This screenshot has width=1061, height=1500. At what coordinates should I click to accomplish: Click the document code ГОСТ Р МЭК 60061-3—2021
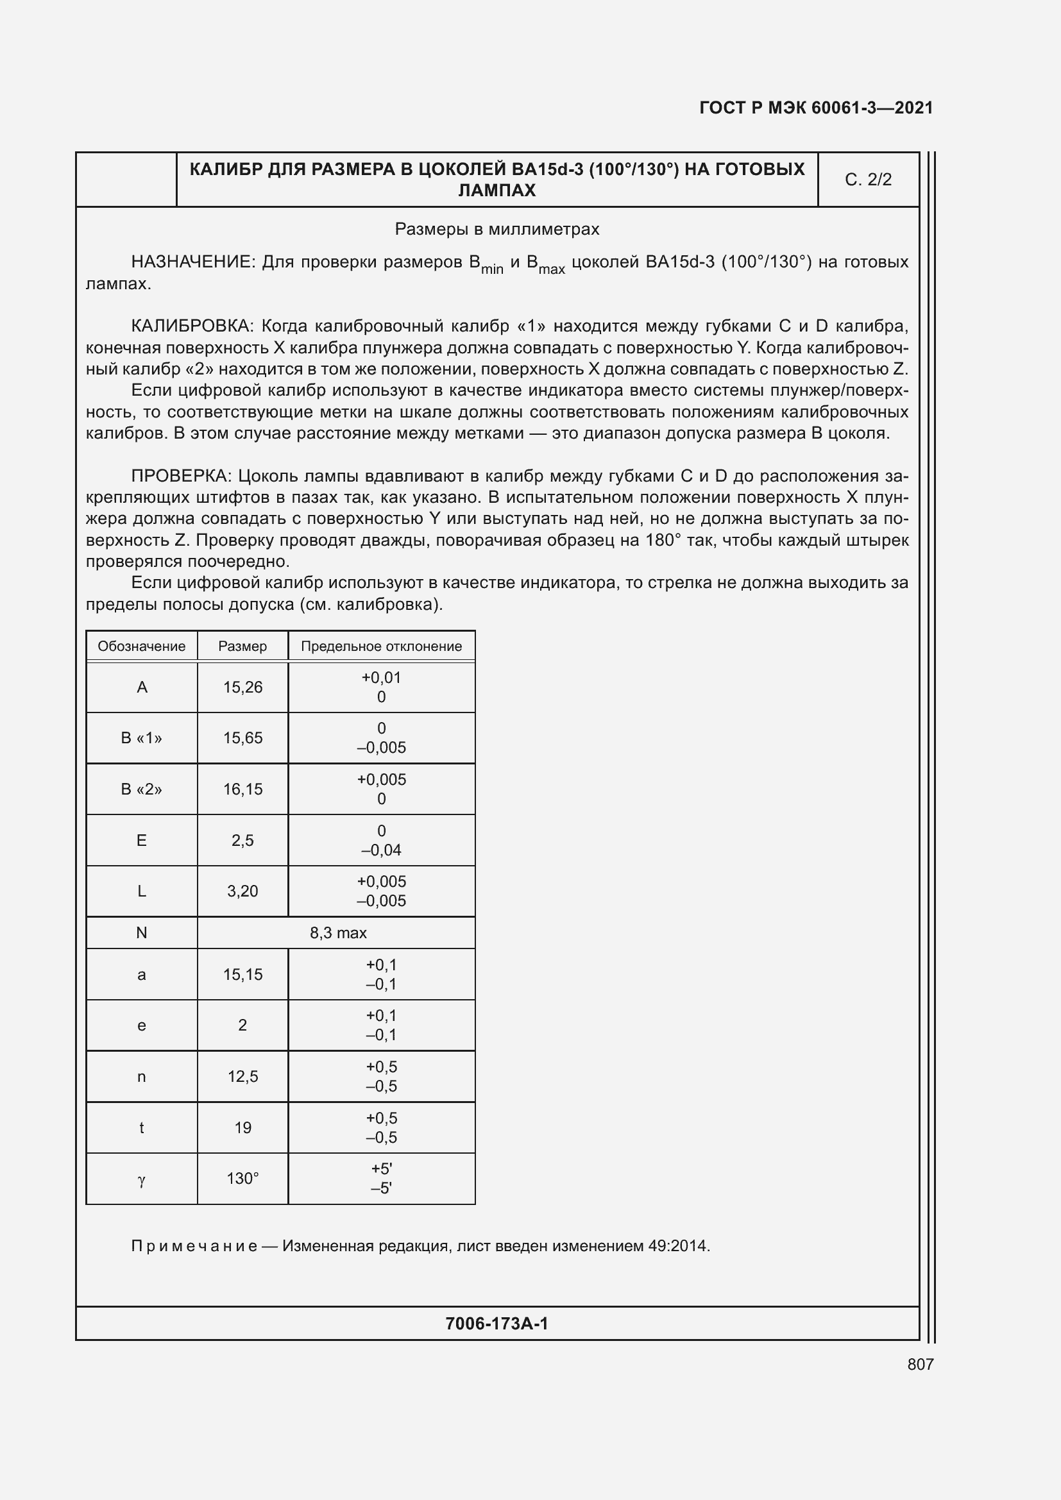tap(816, 108)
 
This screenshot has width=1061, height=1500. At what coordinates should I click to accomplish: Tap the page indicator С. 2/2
tap(868, 180)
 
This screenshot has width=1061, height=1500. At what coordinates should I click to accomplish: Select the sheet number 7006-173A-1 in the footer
tap(497, 1324)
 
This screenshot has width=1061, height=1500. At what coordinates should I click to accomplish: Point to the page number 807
tap(920, 1364)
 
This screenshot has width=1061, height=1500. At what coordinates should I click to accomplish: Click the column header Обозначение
tap(141, 646)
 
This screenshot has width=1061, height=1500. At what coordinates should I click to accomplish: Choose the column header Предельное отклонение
tap(381, 646)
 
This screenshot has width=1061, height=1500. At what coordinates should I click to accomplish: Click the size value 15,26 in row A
tap(242, 687)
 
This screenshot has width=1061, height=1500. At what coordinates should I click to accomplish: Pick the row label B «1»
tap(141, 738)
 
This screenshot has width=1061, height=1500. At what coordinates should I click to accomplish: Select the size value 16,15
tap(242, 789)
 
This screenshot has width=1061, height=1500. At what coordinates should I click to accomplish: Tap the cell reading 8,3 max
tap(338, 933)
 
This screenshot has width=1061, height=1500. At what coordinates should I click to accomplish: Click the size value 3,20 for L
tap(242, 891)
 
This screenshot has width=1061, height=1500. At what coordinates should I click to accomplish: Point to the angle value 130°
tap(242, 1179)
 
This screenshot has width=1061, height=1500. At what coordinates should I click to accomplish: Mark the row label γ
tap(141, 1180)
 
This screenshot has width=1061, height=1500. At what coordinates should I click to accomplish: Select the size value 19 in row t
tap(242, 1127)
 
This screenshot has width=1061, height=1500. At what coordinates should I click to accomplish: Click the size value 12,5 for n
tap(242, 1077)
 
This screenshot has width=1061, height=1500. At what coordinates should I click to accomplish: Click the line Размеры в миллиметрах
tap(497, 230)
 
